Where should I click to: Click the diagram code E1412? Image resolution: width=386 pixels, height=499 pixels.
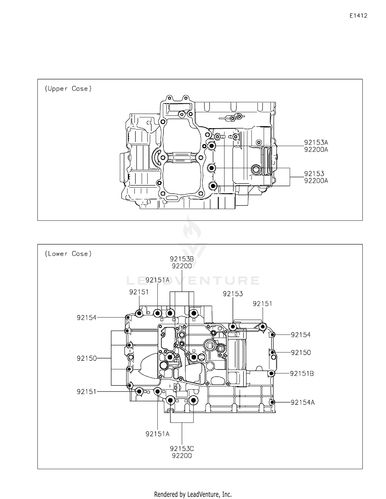point(358,16)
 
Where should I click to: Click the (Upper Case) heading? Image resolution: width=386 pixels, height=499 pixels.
point(68,89)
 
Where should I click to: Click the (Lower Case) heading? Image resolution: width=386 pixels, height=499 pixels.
point(68,254)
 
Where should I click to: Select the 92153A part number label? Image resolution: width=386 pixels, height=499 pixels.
point(316,142)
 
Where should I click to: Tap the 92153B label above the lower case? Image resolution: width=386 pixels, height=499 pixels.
point(182,259)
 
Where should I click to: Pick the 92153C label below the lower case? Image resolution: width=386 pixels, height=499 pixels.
point(182,449)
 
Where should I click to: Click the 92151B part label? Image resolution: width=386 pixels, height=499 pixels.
point(302,373)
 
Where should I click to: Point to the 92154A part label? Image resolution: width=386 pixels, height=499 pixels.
point(303,402)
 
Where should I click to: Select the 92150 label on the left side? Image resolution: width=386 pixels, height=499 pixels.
point(87,358)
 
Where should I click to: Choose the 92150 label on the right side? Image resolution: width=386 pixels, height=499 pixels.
point(301,352)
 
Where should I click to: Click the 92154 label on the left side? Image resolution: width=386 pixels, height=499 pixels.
point(87,317)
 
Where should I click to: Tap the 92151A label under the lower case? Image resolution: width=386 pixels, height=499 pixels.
point(157,434)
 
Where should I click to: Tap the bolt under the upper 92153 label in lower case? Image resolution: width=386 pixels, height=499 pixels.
point(233,327)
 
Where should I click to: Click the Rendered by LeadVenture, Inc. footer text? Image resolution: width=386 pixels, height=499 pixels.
point(193,494)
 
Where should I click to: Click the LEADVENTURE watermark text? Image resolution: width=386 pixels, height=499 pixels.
point(193,280)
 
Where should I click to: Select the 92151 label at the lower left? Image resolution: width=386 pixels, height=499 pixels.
point(87,392)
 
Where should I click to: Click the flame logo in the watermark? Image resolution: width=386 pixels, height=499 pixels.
point(192,228)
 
